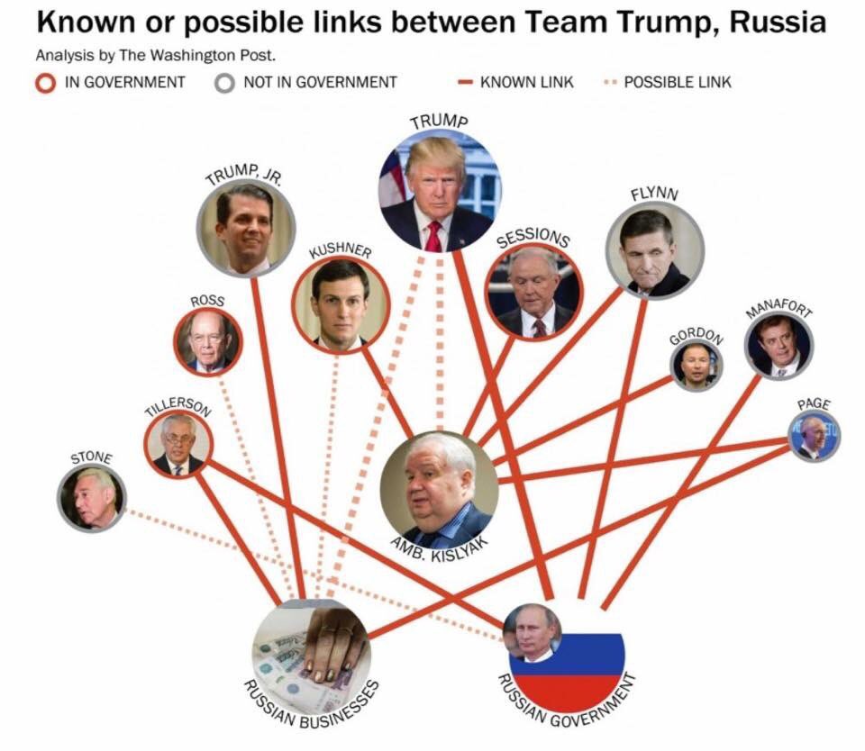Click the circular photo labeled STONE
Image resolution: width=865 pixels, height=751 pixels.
[91, 498]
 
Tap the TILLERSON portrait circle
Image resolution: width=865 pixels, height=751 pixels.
[178, 445]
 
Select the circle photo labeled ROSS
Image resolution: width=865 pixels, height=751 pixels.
[208, 342]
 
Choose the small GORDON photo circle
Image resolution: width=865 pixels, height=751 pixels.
[697, 366]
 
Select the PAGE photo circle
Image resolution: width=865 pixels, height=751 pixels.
[815, 437]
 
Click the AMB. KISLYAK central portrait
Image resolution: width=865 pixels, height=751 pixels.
[439, 490]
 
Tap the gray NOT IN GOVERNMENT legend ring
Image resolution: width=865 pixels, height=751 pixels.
[224, 83]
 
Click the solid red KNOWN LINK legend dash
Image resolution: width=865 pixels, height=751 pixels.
[465, 82]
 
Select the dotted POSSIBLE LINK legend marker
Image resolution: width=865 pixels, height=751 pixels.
[610, 82]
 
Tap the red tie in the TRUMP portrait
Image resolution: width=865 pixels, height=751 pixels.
[434, 236]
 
